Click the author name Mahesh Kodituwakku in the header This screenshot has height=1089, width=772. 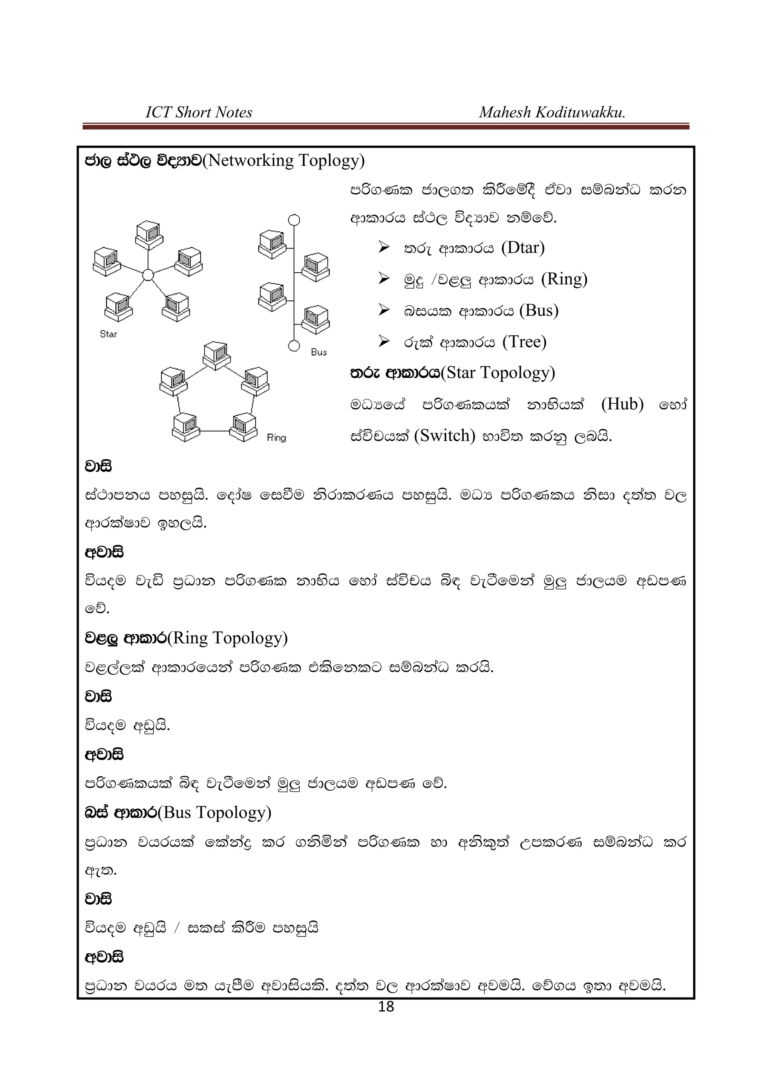pyautogui.click(x=552, y=112)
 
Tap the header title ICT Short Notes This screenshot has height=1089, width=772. pyautogui.click(x=199, y=112)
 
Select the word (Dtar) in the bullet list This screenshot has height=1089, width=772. pyautogui.click(x=523, y=247)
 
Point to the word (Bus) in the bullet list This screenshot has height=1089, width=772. pyautogui.click(x=539, y=310)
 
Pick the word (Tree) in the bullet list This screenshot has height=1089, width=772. pyautogui.click(x=524, y=342)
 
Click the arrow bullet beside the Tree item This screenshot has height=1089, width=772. pyautogui.click(x=384, y=341)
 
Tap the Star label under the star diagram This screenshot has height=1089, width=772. pyautogui.click(x=109, y=334)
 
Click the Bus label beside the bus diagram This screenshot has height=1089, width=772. pyautogui.click(x=319, y=352)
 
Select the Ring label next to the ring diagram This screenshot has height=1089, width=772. pyautogui.click(x=276, y=438)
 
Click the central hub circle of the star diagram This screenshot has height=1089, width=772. pyautogui.click(x=148, y=275)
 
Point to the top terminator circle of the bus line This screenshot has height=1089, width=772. pyautogui.click(x=294, y=220)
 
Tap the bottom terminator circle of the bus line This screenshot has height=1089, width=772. pyautogui.click(x=294, y=346)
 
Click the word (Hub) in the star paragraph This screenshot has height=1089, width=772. pyautogui.click(x=622, y=404)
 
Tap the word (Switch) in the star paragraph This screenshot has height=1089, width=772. pyautogui.click(x=444, y=436)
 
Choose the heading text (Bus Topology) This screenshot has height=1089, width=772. pyautogui.click(x=214, y=812)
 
